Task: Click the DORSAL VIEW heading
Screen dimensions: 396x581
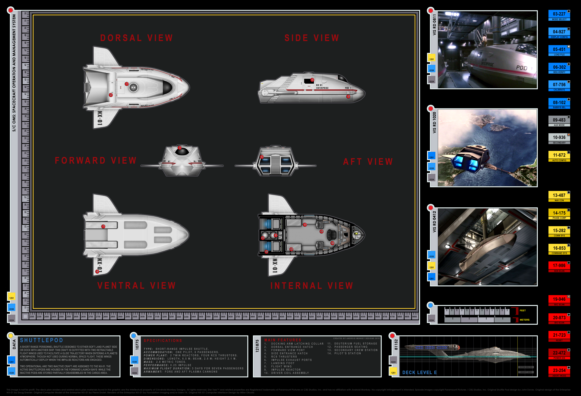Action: point(137,38)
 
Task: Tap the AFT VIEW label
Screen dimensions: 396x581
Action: point(368,161)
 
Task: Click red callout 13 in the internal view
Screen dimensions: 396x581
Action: point(321,231)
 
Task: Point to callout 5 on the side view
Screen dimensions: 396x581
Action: point(348,96)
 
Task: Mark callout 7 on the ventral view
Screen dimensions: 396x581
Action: point(103,227)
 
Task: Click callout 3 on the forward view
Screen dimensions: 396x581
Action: point(180,148)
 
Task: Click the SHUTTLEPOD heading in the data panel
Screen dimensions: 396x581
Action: point(41,340)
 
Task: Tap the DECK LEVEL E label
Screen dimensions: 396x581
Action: point(419,373)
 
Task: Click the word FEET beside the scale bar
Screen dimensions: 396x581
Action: point(523,310)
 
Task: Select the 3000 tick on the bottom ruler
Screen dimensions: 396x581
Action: point(135,316)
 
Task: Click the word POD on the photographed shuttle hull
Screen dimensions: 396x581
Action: point(522,68)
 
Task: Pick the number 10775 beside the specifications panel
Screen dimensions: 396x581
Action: point(137,344)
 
